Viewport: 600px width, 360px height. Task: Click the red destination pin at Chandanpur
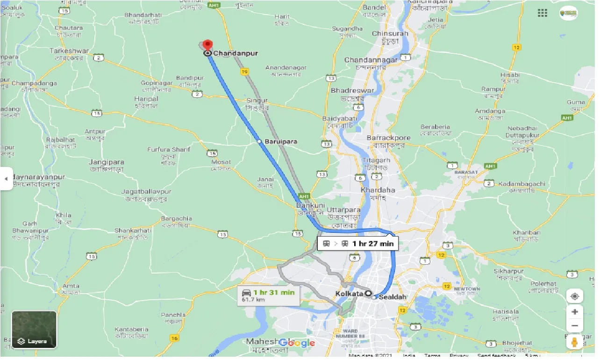207,45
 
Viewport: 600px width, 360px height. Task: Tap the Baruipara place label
281,141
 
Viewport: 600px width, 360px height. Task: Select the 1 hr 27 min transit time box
357,244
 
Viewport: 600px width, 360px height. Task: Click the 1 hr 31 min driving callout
267,295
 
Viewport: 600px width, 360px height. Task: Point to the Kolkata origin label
349,294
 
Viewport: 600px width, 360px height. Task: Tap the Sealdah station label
392,297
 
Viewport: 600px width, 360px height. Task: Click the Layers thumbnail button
34,330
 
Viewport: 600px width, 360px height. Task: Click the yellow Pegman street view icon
575,341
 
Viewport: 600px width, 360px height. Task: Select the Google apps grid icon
543,13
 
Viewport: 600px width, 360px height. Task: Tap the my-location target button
575,296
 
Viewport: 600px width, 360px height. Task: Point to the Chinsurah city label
390,34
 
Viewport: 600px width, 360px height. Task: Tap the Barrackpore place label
388,138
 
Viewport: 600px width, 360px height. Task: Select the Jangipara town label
106,163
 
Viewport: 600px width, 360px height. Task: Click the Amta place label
72,286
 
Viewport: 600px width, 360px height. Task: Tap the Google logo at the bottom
297,343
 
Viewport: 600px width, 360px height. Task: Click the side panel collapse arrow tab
6,178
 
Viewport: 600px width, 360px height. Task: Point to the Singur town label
257,101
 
